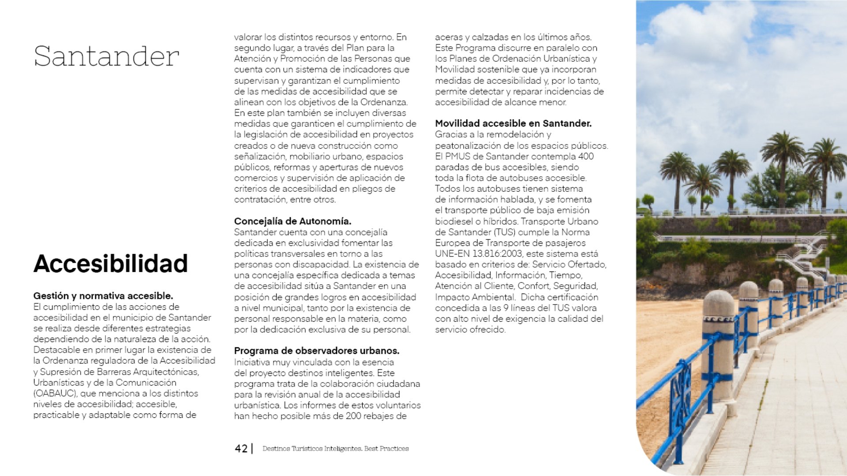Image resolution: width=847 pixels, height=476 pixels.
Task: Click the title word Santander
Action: click(x=106, y=56)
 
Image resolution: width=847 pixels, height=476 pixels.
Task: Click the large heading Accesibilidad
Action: click(x=111, y=264)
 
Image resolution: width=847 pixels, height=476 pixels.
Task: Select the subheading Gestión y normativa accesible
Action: click(x=103, y=296)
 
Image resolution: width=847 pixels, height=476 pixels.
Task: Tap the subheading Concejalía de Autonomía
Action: click(x=292, y=221)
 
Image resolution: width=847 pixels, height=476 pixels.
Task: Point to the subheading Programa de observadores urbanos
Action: click(x=316, y=351)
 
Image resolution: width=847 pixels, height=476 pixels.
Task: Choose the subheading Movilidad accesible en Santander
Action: click(x=513, y=123)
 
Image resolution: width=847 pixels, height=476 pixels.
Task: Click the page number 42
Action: click(x=241, y=449)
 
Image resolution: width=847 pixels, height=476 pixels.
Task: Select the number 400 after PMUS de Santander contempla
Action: click(x=586, y=156)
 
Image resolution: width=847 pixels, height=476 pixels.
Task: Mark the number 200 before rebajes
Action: click(x=353, y=416)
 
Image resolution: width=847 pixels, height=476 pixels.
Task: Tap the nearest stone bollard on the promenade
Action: click(x=719, y=344)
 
